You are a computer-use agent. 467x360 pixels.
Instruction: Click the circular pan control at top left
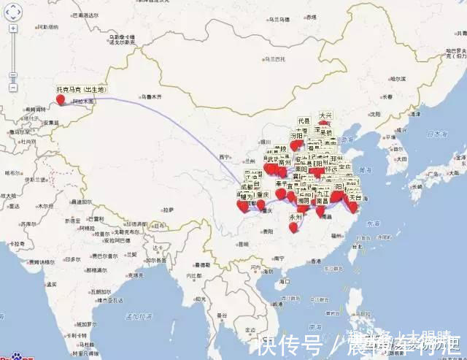(x=13, y=10)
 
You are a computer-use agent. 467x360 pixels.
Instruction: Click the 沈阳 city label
(x=374, y=114)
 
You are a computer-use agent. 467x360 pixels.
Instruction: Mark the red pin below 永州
(x=293, y=227)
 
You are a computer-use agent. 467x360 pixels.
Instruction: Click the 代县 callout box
(x=304, y=120)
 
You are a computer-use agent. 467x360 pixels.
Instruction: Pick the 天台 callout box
(x=355, y=197)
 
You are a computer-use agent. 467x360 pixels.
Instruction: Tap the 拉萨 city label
(x=169, y=210)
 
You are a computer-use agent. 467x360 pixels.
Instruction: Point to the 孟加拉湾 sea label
(x=136, y=315)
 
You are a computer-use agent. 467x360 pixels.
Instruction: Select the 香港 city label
(x=314, y=261)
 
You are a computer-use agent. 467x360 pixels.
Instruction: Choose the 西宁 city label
(x=224, y=156)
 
